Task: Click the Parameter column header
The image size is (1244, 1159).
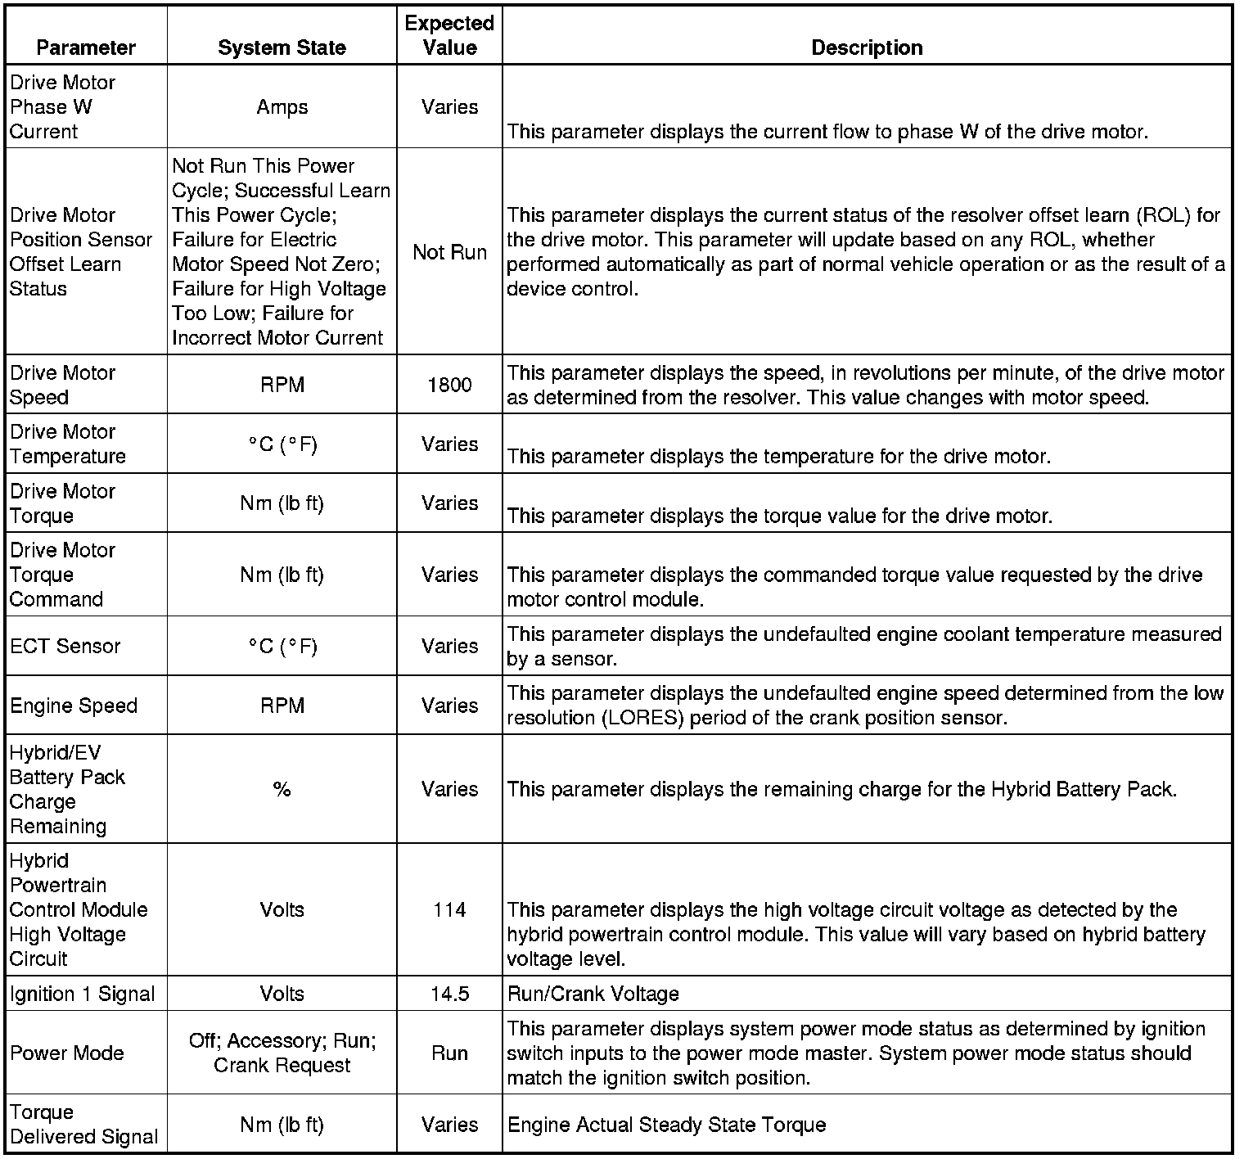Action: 86,47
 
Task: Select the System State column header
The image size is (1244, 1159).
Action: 282,47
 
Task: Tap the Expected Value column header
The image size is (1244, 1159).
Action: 449,35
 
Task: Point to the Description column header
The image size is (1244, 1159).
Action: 867,47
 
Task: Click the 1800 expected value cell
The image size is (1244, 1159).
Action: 449,385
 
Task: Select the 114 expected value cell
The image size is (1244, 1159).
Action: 449,909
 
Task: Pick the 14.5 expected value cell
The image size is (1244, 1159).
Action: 449,994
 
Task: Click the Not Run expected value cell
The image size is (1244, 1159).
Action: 449,252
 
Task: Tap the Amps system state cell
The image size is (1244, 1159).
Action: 282,107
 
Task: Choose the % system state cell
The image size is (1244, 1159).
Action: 282,789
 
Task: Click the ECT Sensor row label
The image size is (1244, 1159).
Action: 65,646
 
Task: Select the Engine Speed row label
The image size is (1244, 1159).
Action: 74,706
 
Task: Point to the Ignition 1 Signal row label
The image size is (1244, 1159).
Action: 83,994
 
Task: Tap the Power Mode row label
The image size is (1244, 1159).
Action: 67,1053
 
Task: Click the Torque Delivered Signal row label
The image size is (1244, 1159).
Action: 84,1125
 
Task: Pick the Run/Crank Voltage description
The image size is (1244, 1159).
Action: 593,994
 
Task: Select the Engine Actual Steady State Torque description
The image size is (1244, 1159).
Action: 667,1125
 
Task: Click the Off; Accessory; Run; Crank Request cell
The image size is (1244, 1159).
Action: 282,1053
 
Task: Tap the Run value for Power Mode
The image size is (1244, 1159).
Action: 449,1053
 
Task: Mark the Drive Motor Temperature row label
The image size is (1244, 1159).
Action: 68,444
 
